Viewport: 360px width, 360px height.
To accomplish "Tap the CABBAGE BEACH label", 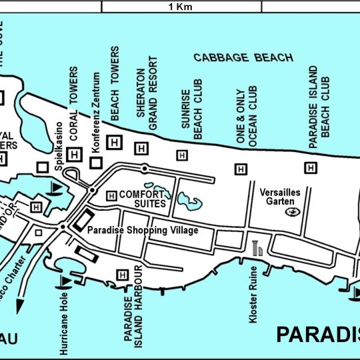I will point(243,58).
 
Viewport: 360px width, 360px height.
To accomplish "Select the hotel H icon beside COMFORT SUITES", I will point(111,195).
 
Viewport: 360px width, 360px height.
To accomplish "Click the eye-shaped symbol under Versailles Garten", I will point(291,212).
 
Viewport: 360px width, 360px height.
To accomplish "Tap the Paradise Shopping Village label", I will point(143,230).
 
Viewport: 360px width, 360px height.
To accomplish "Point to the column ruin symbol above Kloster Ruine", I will point(259,249).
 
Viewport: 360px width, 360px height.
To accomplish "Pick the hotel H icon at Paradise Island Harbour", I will point(122,274).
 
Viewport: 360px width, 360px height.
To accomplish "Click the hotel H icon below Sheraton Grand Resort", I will point(141,148).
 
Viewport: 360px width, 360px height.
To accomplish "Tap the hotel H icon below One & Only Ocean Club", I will point(241,169).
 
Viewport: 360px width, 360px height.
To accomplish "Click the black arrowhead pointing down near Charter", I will point(19,305).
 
